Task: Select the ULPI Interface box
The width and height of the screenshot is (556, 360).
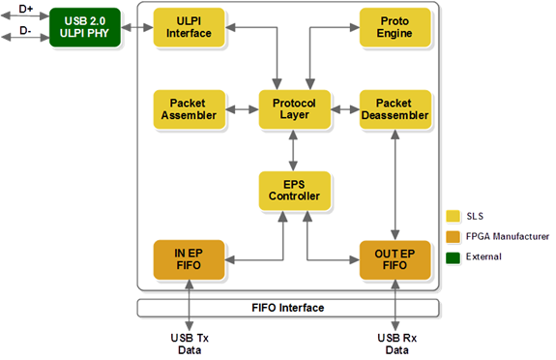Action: click(189, 27)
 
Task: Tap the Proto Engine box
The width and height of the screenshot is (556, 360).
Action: click(395, 27)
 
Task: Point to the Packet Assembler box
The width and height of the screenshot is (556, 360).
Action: click(189, 108)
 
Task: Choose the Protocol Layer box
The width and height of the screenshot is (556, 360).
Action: click(294, 108)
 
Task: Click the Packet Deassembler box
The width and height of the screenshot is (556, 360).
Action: click(395, 108)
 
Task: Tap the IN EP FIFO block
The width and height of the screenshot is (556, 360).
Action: click(189, 258)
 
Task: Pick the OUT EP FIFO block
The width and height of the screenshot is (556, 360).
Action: click(395, 258)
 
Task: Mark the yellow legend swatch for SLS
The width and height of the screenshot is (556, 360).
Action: click(452, 216)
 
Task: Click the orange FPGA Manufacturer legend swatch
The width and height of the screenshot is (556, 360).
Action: click(452, 236)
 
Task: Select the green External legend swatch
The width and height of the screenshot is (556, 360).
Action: click(452, 256)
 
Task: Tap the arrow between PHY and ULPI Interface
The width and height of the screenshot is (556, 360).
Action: click(139, 27)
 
